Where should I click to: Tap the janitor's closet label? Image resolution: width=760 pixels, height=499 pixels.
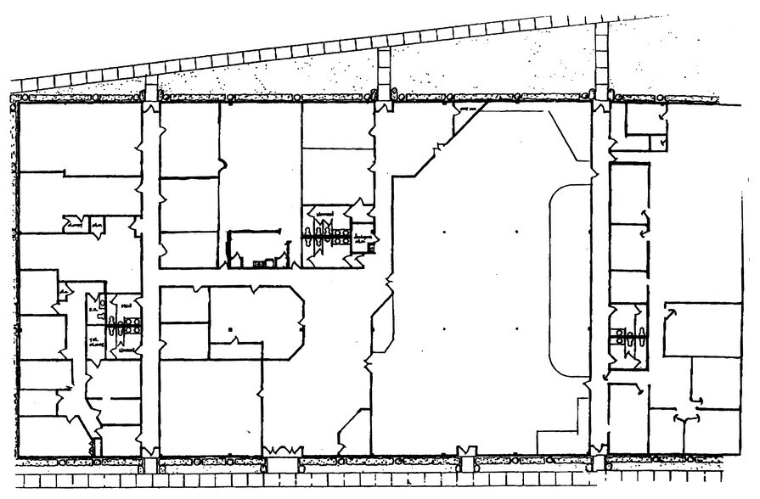coord(363,238)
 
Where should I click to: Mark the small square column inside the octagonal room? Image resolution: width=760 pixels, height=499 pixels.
coord(229,327)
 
